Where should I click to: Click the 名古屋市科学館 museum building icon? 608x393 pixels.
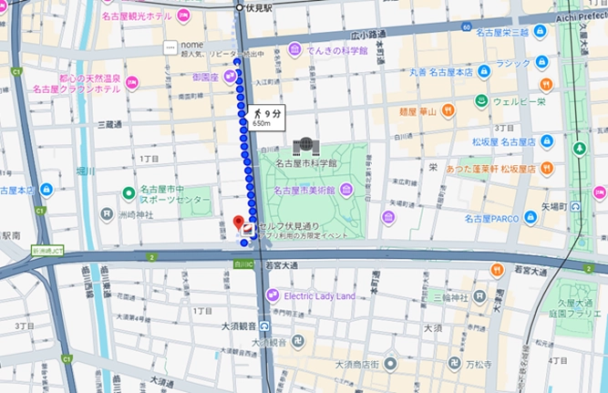(303, 146)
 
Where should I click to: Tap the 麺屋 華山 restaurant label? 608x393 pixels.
(418, 112)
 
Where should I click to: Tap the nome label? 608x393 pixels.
(191, 47)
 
